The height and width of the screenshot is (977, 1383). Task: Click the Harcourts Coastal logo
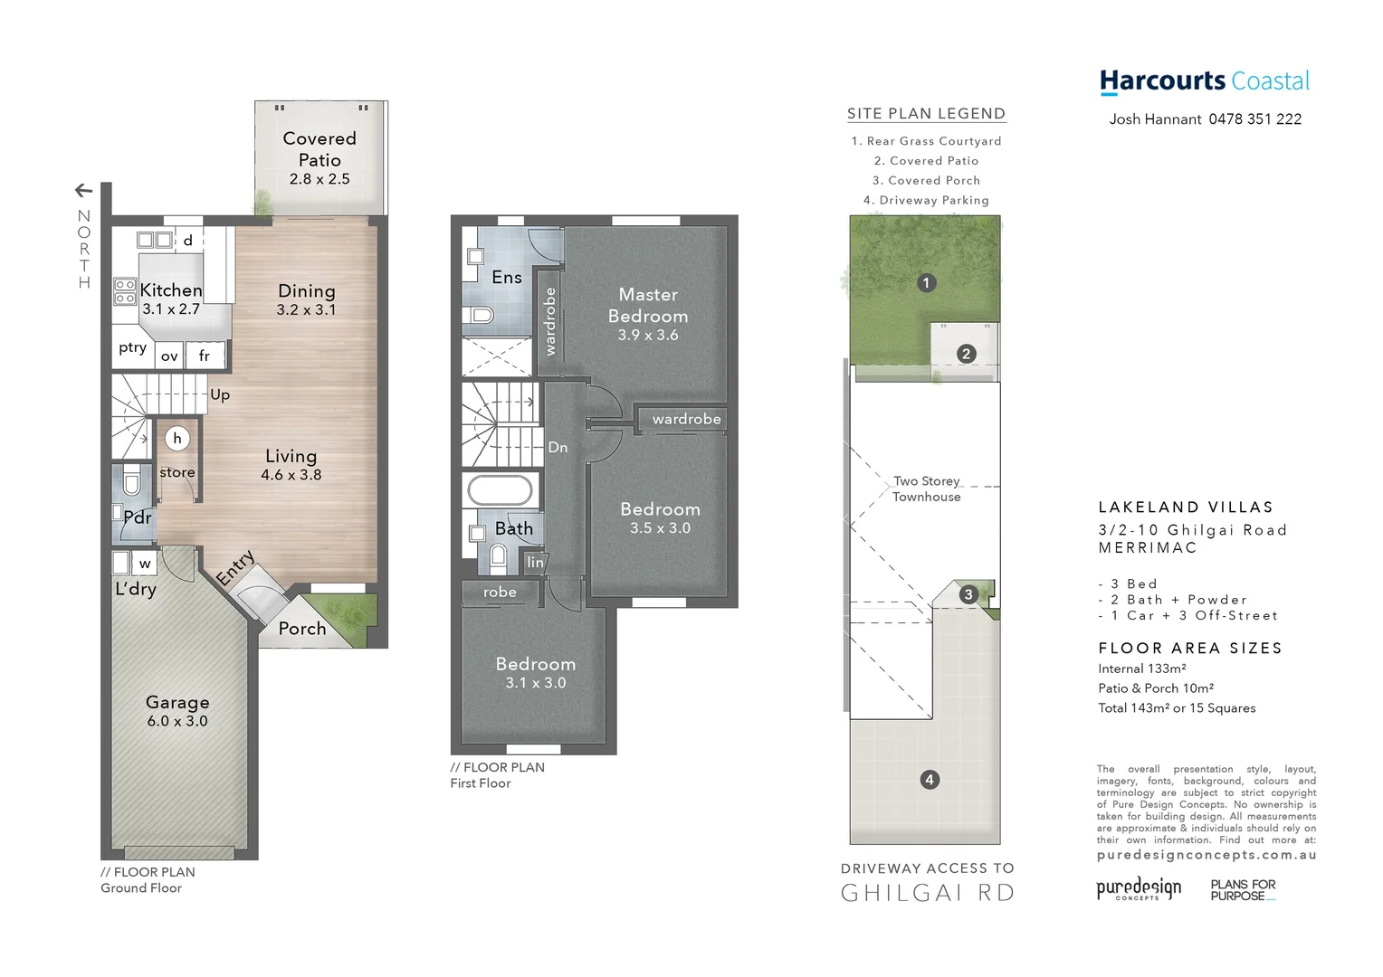tap(1204, 81)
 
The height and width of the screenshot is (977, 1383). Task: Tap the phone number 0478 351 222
tap(1255, 119)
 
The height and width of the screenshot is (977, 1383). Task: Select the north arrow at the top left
tap(83, 190)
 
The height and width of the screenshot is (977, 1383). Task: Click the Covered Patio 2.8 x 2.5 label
tap(320, 157)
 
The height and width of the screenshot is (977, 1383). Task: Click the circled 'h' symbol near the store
tap(177, 439)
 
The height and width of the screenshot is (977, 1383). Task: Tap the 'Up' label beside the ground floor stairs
tap(220, 394)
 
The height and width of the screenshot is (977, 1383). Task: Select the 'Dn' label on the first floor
tap(558, 447)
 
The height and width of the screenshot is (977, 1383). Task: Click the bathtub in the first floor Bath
tap(500, 491)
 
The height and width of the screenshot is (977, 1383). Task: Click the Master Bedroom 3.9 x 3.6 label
tap(648, 314)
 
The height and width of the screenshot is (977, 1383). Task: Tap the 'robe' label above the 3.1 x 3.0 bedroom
tap(500, 593)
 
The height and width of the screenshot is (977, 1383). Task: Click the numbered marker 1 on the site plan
tap(926, 283)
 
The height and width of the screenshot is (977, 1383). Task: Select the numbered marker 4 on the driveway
tap(930, 780)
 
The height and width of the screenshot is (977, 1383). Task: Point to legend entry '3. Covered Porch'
tap(926, 181)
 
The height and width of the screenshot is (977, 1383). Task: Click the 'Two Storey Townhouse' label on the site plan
tap(926, 488)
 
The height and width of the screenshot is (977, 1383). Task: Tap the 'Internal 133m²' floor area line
tap(1141, 669)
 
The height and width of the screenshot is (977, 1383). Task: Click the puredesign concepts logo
tap(1139, 888)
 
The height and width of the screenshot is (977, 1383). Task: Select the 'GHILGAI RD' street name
tap(928, 893)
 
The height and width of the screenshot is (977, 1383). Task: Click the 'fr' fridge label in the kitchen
tap(205, 356)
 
